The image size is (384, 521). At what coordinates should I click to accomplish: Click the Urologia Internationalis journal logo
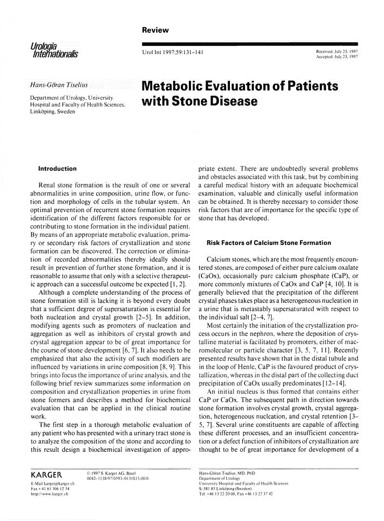click(x=54, y=49)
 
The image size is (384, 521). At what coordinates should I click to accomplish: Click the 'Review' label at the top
click(x=155, y=30)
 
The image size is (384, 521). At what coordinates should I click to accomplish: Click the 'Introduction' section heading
click(x=57, y=169)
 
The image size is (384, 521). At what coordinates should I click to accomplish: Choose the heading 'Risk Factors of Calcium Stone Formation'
click(x=269, y=243)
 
